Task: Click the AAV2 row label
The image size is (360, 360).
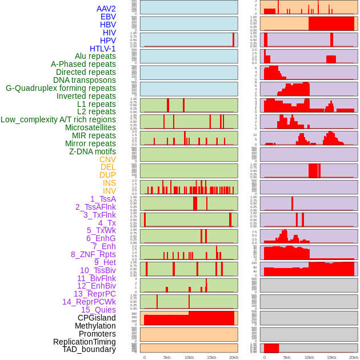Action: click(x=106, y=9)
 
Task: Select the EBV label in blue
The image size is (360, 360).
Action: click(x=108, y=17)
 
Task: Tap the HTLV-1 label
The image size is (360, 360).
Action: click(x=103, y=49)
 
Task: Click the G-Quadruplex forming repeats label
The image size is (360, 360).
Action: click(x=61, y=88)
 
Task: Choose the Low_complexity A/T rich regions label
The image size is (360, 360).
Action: click(x=58, y=119)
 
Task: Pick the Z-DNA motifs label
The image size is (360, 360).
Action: click(x=93, y=151)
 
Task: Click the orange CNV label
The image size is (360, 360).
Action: click(x=107, y=159)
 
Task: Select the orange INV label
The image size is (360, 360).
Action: click(x=109, y=191)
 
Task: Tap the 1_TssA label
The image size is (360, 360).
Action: click(x=103, y=199)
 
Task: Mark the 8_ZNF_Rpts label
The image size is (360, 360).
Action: click(x=93, y=254)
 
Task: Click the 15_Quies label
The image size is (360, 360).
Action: click(x=97, y=310)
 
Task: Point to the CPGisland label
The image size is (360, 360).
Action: click(x=97, y=318)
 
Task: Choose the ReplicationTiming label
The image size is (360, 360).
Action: click(x=85, y=342)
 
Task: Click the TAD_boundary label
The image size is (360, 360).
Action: click(x=89, y=349)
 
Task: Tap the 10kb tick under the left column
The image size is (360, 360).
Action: click(x=189, y=357)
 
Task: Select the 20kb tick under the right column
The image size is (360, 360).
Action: click(x=354, y=357)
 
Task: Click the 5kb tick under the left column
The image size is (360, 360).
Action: click(x=167, y=357)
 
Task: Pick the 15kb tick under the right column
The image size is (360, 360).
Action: click(x=331, y=357)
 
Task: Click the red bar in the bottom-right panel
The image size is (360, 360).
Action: click(x=271, y=348)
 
